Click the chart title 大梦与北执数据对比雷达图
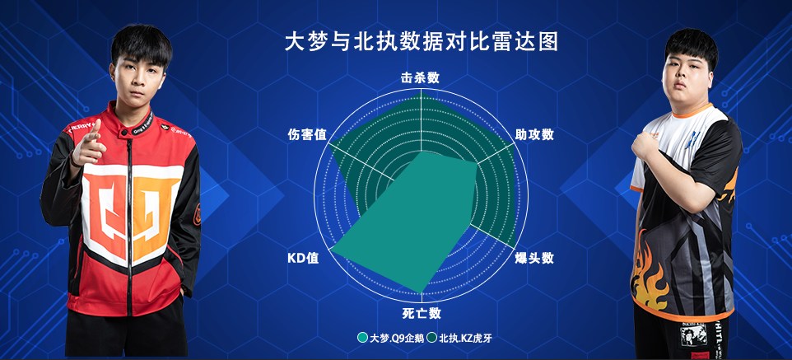coord(422,42)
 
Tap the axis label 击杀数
coord(420,78)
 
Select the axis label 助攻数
coord(534,134)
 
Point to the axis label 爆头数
coord(534,258)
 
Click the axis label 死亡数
coord(422,313)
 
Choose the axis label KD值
coord(303,258)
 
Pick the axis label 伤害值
coord(307,134)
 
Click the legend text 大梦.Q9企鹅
coord(397,339)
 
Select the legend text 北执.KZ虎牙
coord(465,339)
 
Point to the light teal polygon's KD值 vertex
coord(330,249)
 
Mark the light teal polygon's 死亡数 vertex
coord(421,292)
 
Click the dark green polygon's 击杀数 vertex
coord(421,91)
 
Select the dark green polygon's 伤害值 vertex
coord(328,143)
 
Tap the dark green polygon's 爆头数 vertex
coord(515,248)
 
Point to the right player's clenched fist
coord(645,143)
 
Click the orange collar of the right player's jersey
coord(693,110)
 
